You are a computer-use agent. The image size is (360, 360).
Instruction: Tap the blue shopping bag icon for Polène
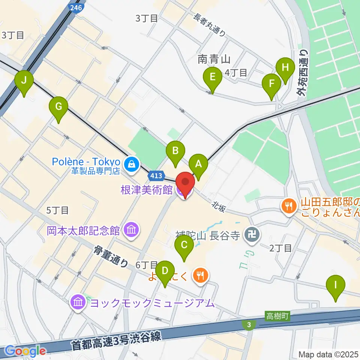tap(132, 163)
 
